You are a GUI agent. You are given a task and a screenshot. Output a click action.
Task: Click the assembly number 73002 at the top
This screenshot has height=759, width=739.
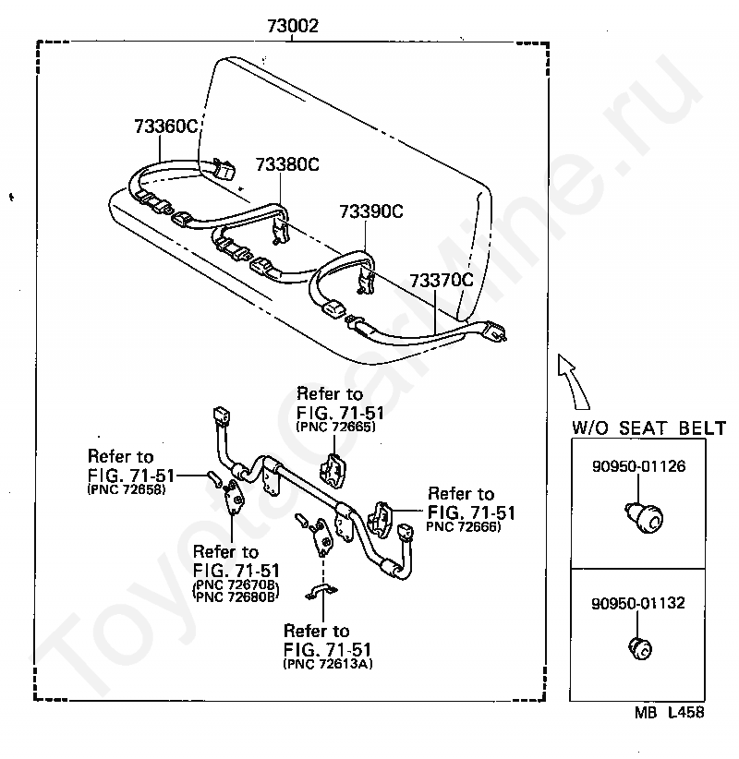293,25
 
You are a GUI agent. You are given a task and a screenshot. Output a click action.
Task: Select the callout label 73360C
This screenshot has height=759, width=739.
166,126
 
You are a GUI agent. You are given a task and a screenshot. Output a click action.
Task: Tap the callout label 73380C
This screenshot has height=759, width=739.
287,164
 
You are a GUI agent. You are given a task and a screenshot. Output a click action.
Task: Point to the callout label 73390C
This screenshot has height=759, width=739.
371,211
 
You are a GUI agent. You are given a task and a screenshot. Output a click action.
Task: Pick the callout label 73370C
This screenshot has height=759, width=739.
442,281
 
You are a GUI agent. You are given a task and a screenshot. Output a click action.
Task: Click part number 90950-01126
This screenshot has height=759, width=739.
638,466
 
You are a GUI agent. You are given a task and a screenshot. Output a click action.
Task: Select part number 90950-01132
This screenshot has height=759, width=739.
638,603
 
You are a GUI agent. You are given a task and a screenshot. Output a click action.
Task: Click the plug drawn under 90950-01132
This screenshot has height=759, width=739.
640,648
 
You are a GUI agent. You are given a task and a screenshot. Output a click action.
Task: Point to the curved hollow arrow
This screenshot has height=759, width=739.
575,381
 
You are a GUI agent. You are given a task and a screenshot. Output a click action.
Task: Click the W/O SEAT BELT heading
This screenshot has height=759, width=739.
648,428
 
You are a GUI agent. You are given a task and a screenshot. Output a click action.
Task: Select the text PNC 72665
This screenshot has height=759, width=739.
335,427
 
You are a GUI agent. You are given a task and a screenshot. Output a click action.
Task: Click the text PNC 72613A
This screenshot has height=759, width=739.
328,664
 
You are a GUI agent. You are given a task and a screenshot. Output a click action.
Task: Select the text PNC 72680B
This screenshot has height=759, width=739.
236,596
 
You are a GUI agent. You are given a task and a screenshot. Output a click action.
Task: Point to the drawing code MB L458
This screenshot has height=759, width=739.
670,712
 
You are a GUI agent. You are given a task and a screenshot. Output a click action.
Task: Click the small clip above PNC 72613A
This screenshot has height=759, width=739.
321,591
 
